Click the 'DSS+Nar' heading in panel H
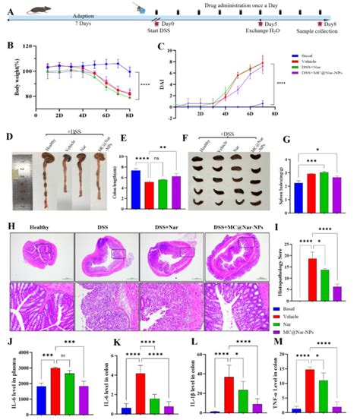171,225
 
